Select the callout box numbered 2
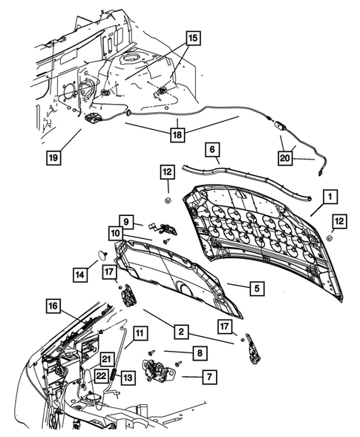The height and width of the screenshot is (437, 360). (180, 329)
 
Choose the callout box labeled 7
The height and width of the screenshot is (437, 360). (209, 377)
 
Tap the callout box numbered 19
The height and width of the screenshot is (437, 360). (55, 158)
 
